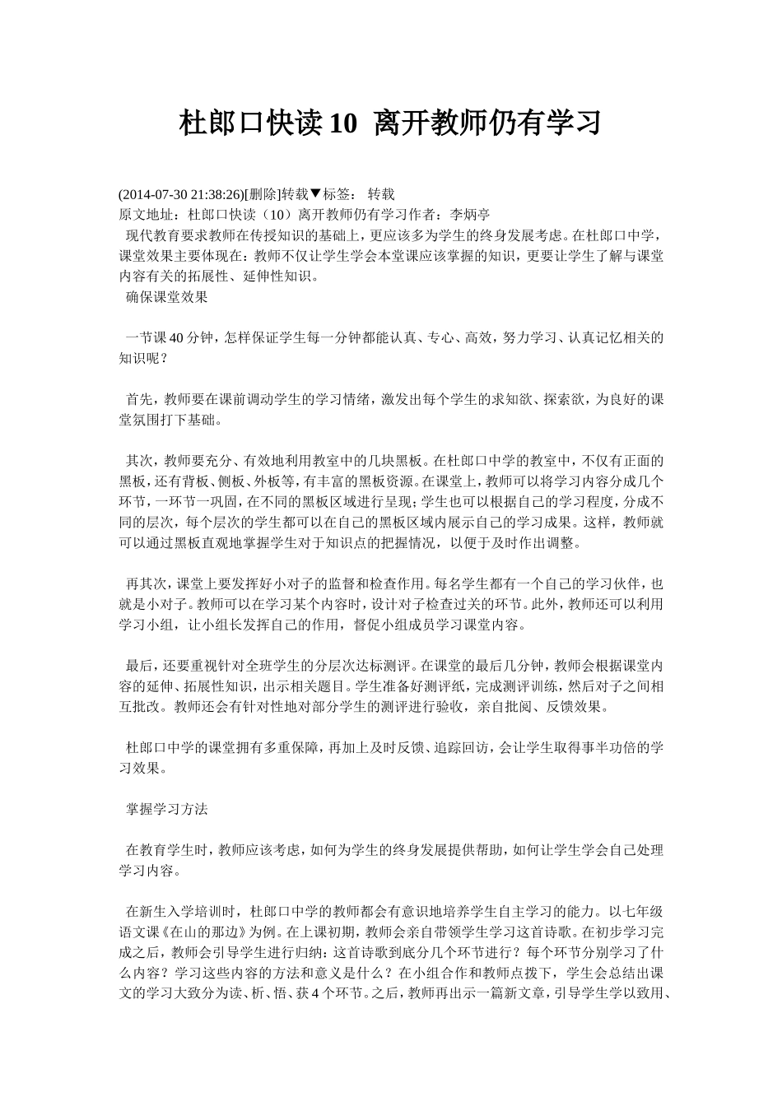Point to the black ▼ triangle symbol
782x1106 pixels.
(315, 194)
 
